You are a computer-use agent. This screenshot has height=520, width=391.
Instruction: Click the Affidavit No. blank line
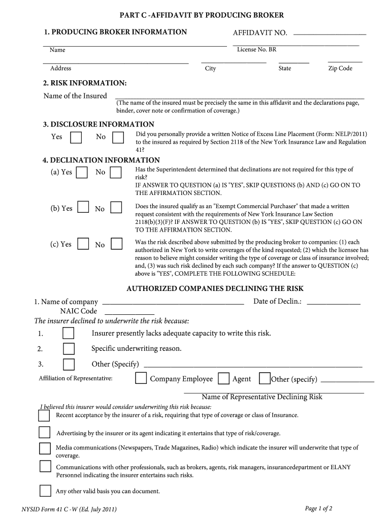point(330,34)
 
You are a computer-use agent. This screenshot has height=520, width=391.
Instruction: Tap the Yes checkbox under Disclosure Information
point(76,138)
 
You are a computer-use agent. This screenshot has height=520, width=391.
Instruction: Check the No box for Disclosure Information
point(118,138)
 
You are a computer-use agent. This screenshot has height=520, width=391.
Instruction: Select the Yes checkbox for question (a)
point(82,173)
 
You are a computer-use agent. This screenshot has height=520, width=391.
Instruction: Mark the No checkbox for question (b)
point(116,208)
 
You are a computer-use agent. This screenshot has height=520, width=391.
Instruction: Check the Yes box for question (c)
point(82,244)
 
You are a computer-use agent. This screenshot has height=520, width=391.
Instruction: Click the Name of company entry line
point(173,303)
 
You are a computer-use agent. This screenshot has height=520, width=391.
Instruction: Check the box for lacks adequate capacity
point(68,334)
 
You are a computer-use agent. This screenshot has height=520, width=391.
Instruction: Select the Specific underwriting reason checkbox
point(68,349)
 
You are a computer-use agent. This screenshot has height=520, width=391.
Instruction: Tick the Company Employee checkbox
point(141,379)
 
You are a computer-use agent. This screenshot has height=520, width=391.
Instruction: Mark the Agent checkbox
point(223,379)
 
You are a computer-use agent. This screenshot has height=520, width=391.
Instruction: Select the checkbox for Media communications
point(45,448)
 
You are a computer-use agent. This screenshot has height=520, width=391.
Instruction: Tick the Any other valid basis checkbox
point(45,491)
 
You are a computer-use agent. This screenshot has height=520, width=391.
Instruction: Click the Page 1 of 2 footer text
point(318,508)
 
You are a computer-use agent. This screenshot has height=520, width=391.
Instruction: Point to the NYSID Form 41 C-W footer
point(69,509)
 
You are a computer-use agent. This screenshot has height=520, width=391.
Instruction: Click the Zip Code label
point(340,69)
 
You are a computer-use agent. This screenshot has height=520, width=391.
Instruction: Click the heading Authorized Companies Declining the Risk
point(215,288)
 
